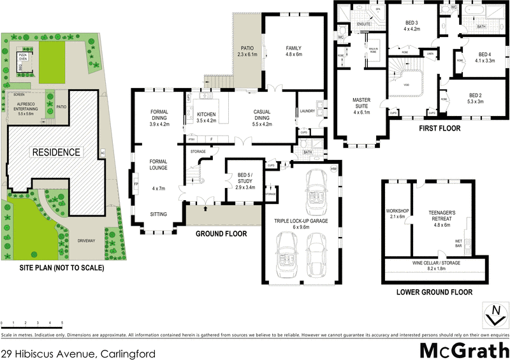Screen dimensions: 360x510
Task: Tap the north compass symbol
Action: point(493,314)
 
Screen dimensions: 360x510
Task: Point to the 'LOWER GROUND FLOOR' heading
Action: point(434,292)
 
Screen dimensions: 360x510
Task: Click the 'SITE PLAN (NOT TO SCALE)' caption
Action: point(53,268)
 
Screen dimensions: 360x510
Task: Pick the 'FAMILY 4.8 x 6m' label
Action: point(293,52)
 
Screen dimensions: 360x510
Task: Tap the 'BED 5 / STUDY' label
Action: point(245,178)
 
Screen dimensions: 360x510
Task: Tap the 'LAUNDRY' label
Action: point(306,112)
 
